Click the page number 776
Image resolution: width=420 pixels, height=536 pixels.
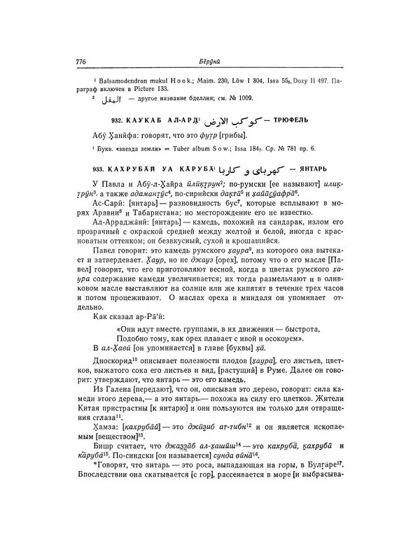pos(80,61)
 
